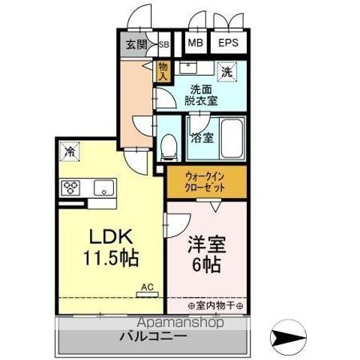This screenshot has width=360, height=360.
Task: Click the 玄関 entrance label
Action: [x=136, y=44]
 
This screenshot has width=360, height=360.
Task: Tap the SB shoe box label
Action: [x=163, y=44]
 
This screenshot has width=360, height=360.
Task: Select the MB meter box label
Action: [x=195, y=43]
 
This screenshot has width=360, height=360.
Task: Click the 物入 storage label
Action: [x=163, y=70]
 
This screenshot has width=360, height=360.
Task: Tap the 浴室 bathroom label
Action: [x=200, y=138]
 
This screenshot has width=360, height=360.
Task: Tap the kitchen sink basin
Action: [x=101, y=187]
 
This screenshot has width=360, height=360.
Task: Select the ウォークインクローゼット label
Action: [x=205, y=181]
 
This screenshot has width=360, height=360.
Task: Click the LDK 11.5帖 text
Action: [x=109, y=248]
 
